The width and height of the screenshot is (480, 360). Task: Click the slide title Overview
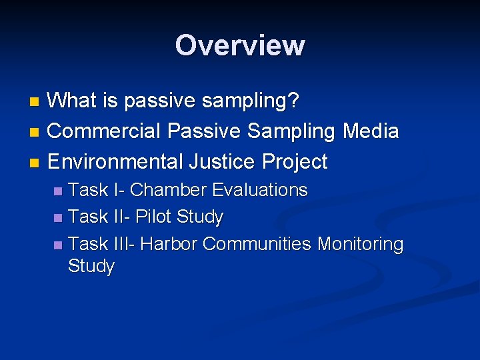240,45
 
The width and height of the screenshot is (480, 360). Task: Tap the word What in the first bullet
74,101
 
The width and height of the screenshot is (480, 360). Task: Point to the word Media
371,131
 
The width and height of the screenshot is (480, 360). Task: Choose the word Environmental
116,161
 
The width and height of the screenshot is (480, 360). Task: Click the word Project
295,161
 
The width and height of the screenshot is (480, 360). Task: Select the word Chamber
169,190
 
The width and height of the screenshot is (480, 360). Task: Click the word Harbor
169,244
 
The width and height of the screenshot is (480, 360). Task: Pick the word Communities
257,244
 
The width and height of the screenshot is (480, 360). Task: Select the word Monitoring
360,244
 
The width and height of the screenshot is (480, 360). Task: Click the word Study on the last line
91,267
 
